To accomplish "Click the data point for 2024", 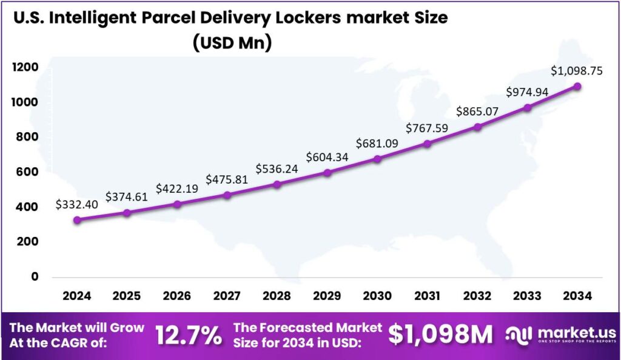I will coord(77,220).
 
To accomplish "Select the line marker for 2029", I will coord(327,173).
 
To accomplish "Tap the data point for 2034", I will coord(577,87).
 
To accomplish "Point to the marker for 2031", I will coord(428,144).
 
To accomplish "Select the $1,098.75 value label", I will coord(576,71).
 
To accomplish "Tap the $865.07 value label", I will coord(477,112).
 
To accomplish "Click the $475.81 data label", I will coord(226,179).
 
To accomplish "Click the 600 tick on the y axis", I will coord(27,172).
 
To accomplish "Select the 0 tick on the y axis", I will coord(34,277).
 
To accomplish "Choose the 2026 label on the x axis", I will coord(176,296).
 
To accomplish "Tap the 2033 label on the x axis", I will coord(527,296).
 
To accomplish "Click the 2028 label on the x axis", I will coord(277,296).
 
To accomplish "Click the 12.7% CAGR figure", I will coord(189,335).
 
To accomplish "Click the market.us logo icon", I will coord(520,334).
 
